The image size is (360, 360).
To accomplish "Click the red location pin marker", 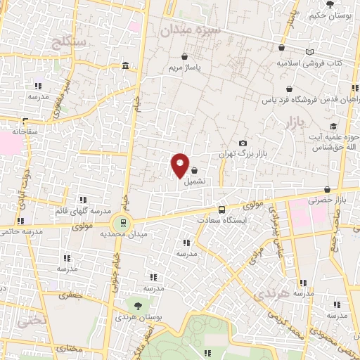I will click(180, 165).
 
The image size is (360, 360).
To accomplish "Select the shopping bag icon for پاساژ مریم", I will click(184, 56).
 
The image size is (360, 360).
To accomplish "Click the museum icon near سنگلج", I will click(125, 66).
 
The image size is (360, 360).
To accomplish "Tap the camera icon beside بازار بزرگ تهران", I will click(243, 143).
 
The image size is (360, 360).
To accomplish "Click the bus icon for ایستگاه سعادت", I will click(222, 209).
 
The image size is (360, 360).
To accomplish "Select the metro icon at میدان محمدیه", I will click(124, 223).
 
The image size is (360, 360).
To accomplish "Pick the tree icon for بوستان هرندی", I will click(139, 307).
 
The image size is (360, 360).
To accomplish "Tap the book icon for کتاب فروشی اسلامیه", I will click(311, 51).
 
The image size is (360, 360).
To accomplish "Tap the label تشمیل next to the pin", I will click(195, 181).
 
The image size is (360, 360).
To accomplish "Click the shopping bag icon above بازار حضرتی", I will click(328, 189).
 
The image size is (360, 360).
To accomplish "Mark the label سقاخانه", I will click(29, 131).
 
